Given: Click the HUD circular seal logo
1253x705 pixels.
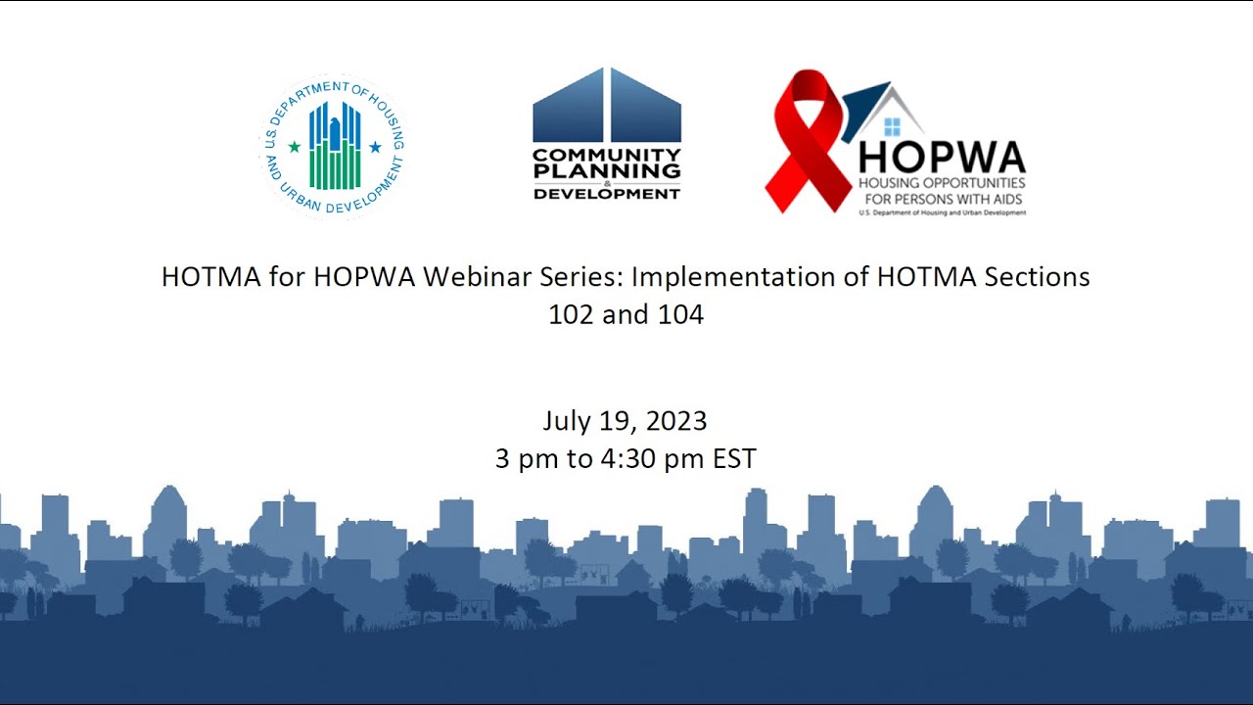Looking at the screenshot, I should (334, 146).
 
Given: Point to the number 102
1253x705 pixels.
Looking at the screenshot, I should (570, 315).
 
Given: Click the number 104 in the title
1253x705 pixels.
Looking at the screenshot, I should (681, 315).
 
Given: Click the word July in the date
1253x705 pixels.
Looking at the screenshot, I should (566, 421).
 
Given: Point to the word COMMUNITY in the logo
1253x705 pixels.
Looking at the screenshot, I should (607, 155).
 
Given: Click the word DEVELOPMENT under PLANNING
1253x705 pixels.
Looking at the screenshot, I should (607, 194).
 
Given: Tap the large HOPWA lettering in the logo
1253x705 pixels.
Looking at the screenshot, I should (942, 158).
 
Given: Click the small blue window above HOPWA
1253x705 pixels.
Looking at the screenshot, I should (892, 126).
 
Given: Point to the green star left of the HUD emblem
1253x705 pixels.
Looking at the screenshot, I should (294, 147).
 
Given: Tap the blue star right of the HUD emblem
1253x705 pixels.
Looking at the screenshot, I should (375, 147).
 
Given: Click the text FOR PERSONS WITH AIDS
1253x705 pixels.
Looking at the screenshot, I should (942, 197).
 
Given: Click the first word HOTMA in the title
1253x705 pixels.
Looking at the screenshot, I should (205, 277).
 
